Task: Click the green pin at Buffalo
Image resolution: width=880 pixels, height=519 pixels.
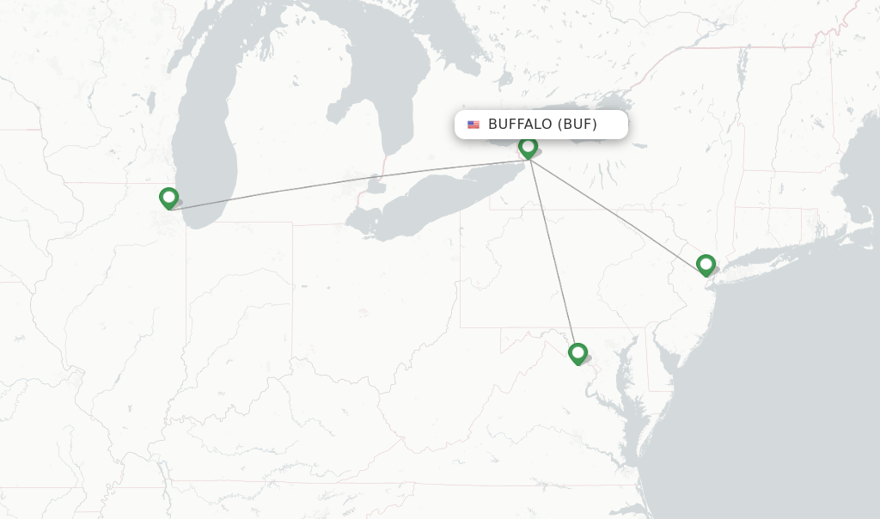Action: [x=528, y=148]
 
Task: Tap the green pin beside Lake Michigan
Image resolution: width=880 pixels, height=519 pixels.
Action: [x=168, y=198]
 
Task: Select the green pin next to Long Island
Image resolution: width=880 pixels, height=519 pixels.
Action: [x=706, y=264]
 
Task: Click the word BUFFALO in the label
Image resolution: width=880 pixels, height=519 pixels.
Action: [x=519, y=125]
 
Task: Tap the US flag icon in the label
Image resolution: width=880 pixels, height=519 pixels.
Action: [x=474, y=125]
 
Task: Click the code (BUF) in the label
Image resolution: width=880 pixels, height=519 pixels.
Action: [x=577, y=125]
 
